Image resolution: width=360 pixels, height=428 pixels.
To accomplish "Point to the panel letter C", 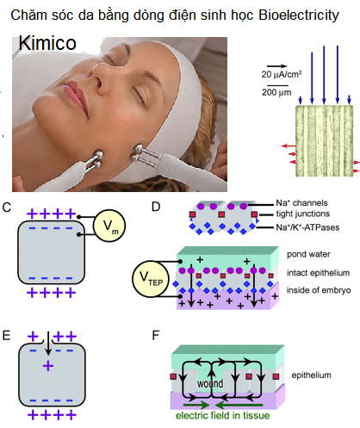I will coord(8,207).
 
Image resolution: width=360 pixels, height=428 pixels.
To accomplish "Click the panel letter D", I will coord(154,207).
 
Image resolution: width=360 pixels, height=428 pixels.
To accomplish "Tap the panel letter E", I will coord(8,328).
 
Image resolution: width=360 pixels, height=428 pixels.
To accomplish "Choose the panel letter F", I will coord(155,328).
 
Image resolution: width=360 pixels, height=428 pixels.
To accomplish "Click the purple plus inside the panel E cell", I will coord(48,366).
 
